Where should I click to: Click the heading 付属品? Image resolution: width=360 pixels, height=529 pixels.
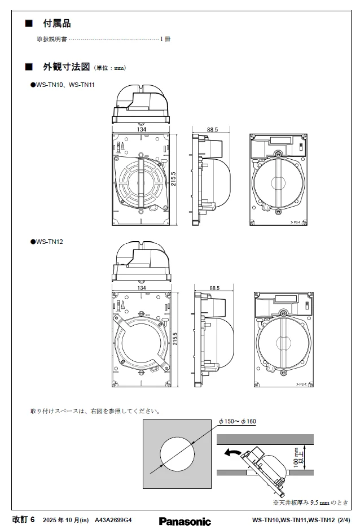pos(56,24)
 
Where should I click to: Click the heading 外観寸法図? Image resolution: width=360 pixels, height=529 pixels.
pos(67,67)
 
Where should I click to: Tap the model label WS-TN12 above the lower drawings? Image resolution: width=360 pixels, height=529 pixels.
pos(49,242)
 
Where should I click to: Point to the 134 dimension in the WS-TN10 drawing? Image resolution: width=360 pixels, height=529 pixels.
pos(142,130)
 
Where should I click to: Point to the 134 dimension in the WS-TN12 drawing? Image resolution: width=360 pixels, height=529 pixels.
pos(142,288)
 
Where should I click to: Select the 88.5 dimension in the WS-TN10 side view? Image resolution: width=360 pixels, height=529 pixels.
pos(212,130)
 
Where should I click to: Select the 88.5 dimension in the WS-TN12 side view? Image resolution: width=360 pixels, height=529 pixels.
pos(214,288)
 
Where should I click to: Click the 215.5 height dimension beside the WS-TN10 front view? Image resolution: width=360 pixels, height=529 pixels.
pos(174,179)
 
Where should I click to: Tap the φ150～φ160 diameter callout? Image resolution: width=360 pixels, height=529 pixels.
pos(237,421)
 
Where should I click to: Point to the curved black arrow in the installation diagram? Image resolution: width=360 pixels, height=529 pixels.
pos(232,452)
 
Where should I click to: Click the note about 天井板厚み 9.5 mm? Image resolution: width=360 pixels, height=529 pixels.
pos(311,502)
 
